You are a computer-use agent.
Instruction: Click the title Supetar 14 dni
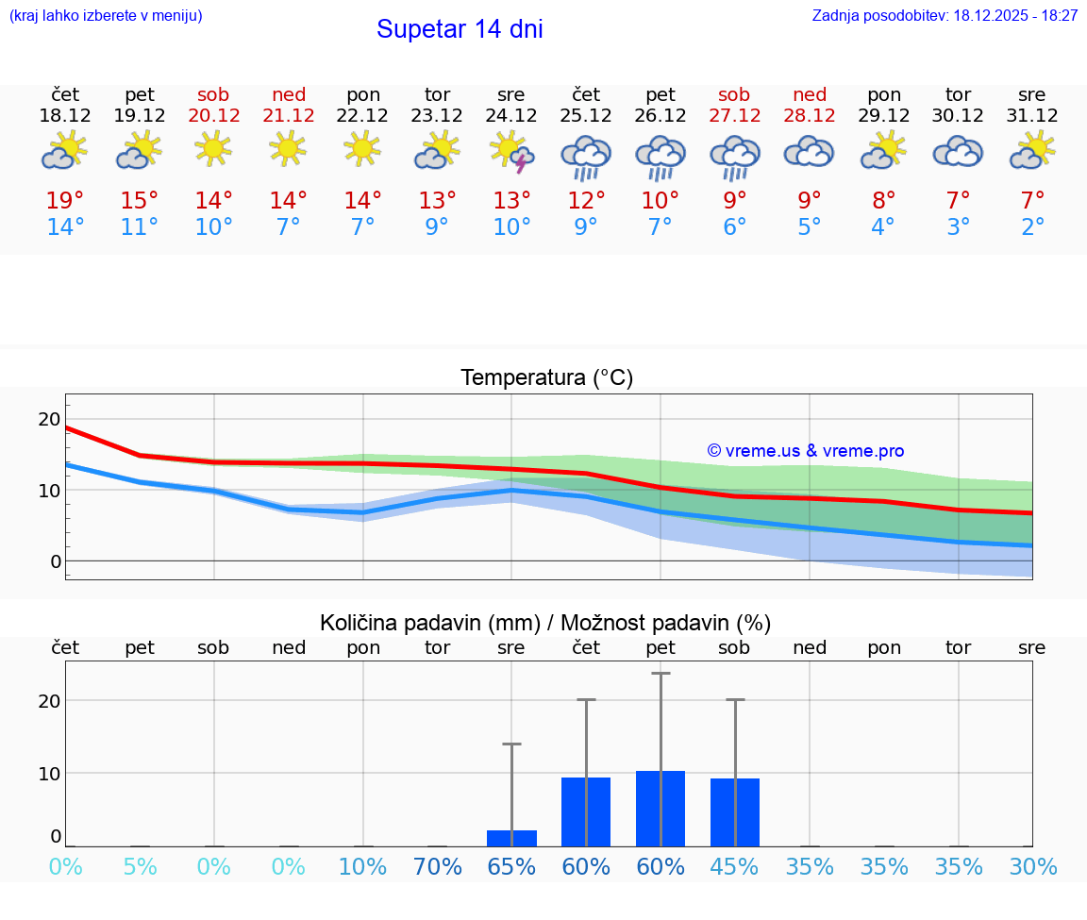(460, 29)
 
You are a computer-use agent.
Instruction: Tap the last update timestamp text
(945, 16)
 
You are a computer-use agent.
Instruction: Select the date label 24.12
(510, 116)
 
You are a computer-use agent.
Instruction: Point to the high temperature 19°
(65, 200)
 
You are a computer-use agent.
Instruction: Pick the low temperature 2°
(1032, 227)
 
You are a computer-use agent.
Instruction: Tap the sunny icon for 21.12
(288, 148)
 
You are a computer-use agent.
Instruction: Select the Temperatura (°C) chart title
(546, 378)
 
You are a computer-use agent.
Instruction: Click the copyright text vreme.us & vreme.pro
(805, 451)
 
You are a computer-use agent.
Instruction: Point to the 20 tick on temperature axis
(49, 419)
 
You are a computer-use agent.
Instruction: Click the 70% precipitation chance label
(437, 867)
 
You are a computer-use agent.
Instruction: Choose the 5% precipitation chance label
(140, 867)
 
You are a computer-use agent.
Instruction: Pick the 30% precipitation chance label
(1032, 867)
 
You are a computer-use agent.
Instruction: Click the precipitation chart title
(545, 623)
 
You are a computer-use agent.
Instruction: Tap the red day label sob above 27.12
(734, 94)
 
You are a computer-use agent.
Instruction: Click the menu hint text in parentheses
(106, 16)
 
